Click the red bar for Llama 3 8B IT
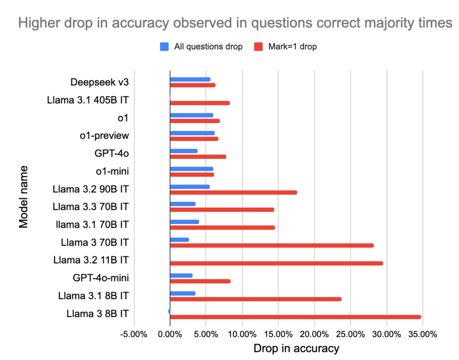tap(295, 317)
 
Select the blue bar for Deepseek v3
tap(190, 80)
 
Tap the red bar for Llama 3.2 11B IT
tap(276, 263)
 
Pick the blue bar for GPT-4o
tap(184, 151)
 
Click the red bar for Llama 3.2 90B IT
tap(234, 193)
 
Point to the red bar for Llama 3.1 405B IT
tap(200, 103)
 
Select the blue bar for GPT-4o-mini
tap(181, 275)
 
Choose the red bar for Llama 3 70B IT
tap(272, 245)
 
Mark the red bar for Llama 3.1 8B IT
tap(256, 299)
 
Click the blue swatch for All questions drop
tap(164, 47)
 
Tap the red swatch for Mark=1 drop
tap(259, 47)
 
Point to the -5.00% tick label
tap(134, 334)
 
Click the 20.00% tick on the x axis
tap(314, 334)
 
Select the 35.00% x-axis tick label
tap(423, 334)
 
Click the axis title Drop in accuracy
tap(296, 349)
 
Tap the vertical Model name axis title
tap(23, 197)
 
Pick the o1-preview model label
tap(104, 136)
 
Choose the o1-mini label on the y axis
tap(113, 171)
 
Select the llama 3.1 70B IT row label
tap(92, 225)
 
